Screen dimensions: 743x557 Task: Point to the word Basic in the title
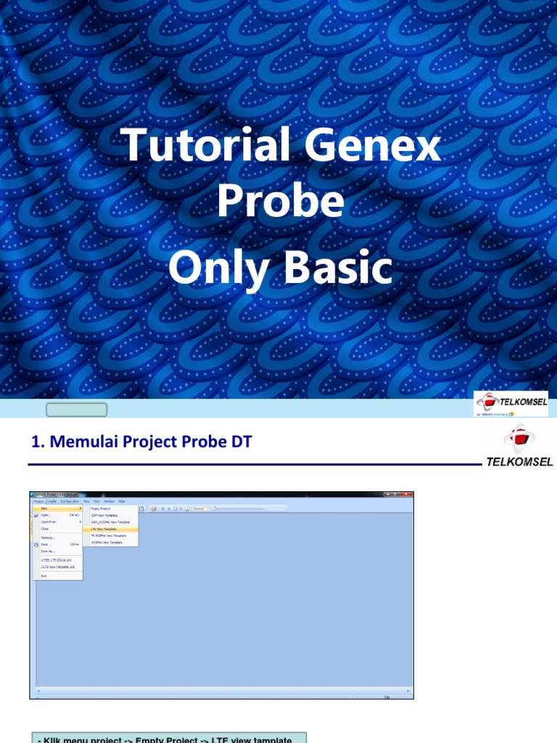click(x=338, y=268)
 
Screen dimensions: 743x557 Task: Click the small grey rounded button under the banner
click(x=76, y=410)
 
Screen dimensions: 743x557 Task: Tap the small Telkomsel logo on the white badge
click(x=511, y=403)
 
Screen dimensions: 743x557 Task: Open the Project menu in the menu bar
click(x=38, y=501)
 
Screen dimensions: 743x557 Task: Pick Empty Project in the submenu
click(x=101, y=509)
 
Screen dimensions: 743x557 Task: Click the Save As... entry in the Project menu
click(x=48, y=551)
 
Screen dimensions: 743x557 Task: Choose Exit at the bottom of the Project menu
click(x=44, y=575)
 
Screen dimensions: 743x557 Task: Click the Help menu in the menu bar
click(x=122, y=501)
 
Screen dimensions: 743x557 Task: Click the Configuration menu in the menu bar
click(x=70, y=501)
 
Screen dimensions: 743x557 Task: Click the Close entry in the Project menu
click(x=45, y=529)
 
